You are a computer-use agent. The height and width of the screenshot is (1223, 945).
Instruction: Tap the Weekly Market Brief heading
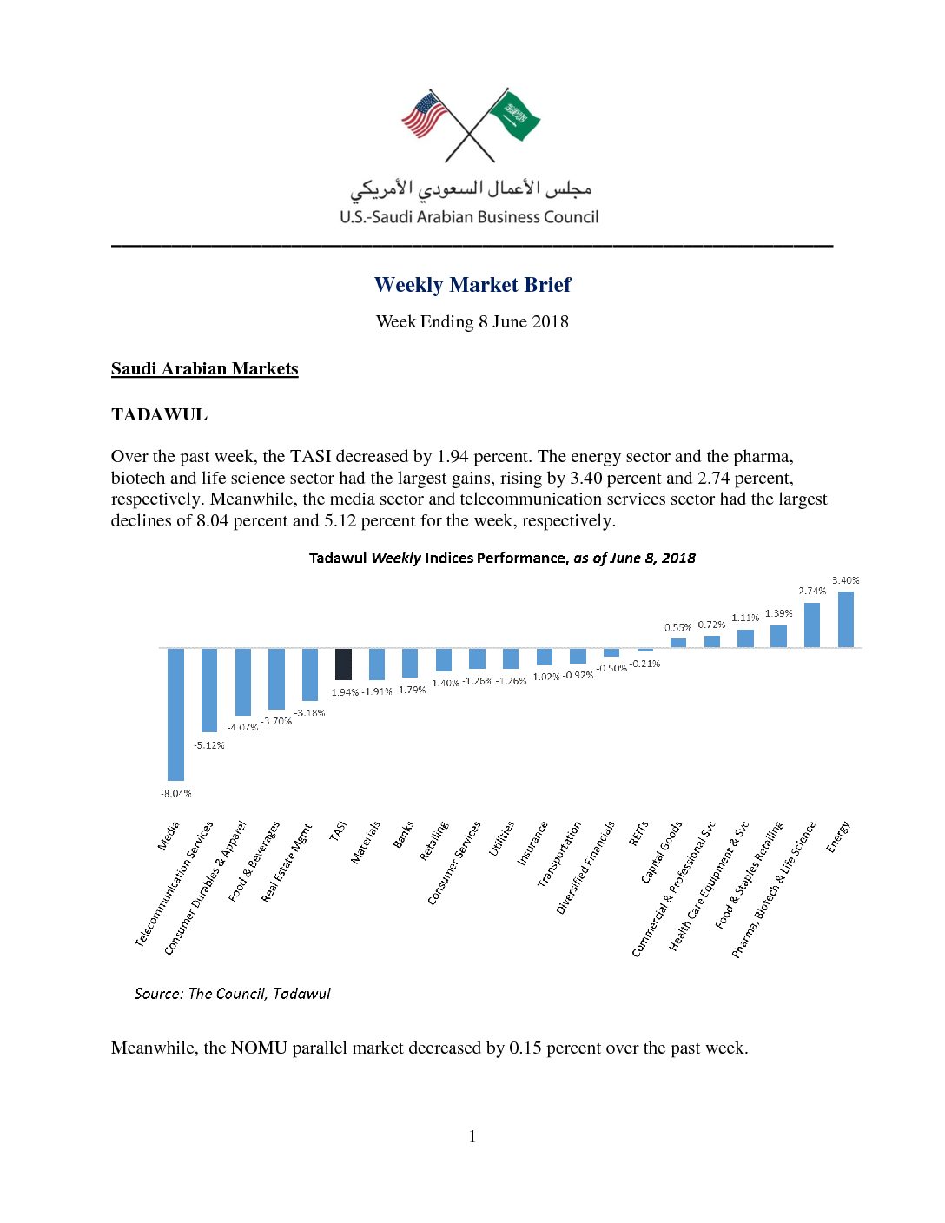coord(472,285)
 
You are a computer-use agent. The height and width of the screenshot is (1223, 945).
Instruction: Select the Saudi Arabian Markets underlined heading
coord(204,368)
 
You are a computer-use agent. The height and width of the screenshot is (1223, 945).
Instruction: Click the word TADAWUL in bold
coord(159,414)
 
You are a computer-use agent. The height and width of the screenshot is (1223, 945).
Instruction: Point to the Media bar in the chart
coord(175,714)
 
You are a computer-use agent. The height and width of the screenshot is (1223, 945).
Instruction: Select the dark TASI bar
coord(343,664)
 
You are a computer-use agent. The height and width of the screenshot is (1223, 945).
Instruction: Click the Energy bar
coord(845,619)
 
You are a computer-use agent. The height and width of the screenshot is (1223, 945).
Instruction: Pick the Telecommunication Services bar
coord(209,690)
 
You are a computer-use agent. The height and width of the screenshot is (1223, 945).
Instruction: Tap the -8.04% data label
coord(175,793)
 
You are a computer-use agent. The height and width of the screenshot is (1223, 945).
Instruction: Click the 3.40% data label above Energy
coord(845,580)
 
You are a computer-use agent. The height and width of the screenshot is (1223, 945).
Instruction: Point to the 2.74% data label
coord(812,591)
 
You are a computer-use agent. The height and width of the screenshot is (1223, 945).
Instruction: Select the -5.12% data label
coord(209,745)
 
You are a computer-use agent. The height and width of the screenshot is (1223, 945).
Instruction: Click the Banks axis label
coord(404,835)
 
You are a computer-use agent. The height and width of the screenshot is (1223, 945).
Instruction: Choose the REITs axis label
coord(638,834)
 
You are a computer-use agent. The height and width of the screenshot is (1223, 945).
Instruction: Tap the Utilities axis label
coord(502,838)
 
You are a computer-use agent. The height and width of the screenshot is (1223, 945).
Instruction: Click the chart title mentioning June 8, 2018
coord(502,558)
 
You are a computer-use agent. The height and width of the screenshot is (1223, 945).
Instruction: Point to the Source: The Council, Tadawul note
coord(232,994)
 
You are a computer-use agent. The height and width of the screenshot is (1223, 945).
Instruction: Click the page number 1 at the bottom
coord(472,1136)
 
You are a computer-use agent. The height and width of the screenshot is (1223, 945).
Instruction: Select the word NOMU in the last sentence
coord(259,1048)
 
